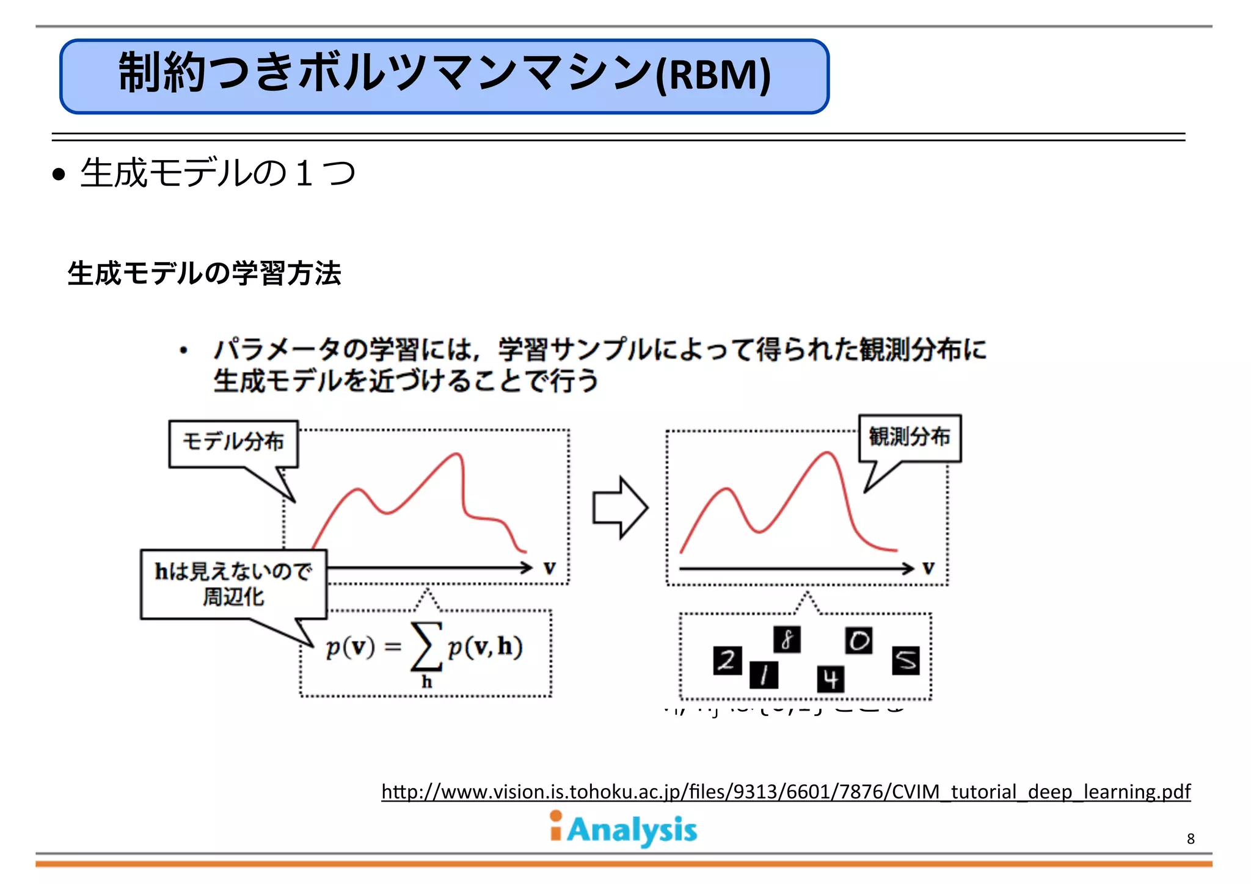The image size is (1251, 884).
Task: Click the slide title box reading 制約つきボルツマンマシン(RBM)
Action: pos(444,76)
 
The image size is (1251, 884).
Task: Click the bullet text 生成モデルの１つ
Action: pos(217,173)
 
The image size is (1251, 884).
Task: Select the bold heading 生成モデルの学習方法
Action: pos(204,273)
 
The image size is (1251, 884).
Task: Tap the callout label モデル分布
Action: pos(233,442)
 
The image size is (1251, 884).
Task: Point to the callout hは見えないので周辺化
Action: pos(233,584)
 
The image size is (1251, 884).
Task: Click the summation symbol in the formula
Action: pos(426,646)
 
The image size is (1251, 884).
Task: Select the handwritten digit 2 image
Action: pos(727,660)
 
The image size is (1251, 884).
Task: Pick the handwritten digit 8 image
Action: pos(787,640)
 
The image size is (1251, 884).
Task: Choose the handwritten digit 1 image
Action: pos(764,675)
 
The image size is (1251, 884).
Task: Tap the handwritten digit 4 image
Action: pos(831,679)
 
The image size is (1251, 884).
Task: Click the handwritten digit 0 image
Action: pos(859,641)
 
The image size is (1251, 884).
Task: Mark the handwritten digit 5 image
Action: pos(906,660)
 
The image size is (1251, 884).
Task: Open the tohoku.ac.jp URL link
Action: pos(786,792)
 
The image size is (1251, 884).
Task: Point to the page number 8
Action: pos(1191,839)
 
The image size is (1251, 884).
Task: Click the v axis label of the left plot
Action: pos(550,568)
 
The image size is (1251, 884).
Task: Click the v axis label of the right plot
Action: pos(928,568)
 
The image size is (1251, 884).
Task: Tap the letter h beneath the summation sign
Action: pos(426,682)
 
